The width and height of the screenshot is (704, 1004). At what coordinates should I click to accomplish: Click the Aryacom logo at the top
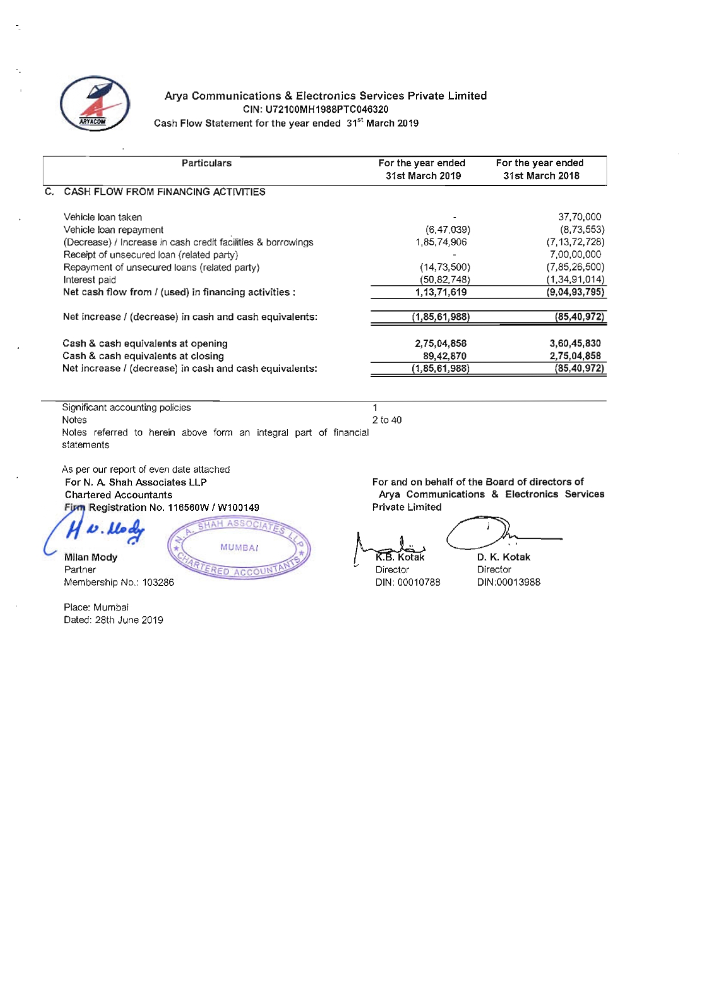coord(95,104)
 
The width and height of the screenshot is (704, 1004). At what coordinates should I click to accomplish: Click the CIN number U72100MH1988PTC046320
coord(316,109)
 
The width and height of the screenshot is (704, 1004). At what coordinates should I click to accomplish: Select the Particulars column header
coord(207,163)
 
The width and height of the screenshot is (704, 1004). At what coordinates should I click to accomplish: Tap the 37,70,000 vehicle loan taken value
coord(579,217)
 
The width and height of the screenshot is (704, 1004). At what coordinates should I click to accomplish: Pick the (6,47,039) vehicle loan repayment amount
coord(448,230)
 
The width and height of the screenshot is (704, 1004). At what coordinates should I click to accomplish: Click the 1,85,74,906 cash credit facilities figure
coord(441,242)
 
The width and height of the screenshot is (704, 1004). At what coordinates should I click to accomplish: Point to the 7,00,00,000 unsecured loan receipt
coord(575,255)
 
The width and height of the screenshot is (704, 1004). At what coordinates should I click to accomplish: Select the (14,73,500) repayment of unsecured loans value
coord(445,267)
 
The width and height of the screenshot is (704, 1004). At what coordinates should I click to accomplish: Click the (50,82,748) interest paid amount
coord(445,280)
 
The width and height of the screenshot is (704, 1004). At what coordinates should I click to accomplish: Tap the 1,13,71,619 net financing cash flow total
coord(441,292)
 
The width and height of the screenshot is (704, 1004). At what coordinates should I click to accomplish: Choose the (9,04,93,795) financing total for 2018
coord(575,292)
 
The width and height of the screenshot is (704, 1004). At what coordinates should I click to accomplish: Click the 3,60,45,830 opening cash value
coord(575,343)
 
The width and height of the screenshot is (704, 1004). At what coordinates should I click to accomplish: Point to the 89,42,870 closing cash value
coord(445,356)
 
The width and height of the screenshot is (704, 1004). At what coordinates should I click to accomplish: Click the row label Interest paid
coord(89,280)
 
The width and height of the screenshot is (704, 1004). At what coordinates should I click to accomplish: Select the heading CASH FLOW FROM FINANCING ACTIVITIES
coord(165,192)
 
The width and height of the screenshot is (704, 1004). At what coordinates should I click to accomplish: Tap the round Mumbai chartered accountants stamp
coord(239,548)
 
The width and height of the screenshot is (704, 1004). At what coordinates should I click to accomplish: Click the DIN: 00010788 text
coord(408,582)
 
